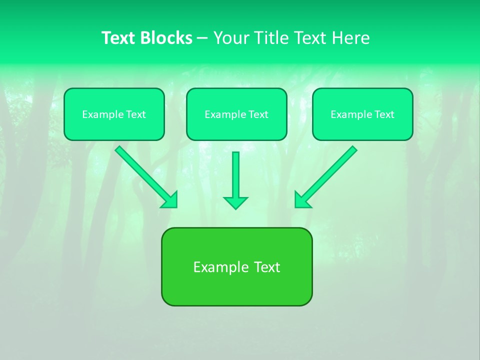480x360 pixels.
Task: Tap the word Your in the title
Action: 231,38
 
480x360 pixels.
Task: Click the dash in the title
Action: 202,38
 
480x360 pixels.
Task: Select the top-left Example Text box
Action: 114,114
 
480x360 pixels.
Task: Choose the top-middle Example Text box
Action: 236,114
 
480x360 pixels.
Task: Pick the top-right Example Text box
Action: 362,114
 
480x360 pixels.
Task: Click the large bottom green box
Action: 236,266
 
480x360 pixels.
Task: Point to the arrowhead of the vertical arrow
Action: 235,202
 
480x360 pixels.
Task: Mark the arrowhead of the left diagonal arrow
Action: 170,199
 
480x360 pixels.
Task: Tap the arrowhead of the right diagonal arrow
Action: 302,199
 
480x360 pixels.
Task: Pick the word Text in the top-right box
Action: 384,114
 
